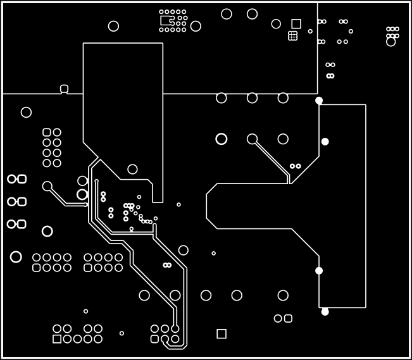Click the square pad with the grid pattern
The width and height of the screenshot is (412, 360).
(293, 36)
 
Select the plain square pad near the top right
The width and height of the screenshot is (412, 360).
(296, 24)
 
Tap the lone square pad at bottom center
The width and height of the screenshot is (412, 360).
(222, 333)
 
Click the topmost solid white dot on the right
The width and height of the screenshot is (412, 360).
(319, 101)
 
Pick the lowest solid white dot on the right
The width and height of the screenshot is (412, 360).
(325, 311)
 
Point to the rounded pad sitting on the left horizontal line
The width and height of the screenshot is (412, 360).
(64, 89)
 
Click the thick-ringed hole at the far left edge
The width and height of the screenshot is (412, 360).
(16, 257)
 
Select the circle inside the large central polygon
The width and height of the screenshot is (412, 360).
(132, 169)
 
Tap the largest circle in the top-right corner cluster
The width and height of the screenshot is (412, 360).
(390, 42)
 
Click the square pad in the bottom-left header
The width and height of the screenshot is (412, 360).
(57, 339)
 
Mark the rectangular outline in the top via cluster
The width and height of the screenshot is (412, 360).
(166, 20)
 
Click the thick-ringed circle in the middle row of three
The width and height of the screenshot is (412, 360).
(222, 139)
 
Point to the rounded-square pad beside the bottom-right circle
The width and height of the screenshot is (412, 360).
(288, 318)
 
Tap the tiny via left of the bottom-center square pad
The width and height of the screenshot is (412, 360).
(122, 333)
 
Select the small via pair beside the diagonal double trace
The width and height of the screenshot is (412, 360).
(295, 166)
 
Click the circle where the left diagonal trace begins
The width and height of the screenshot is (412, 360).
(47, 186)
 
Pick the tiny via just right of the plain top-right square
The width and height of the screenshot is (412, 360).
(310, 31)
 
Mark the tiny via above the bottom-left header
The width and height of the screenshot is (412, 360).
(86, 311)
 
